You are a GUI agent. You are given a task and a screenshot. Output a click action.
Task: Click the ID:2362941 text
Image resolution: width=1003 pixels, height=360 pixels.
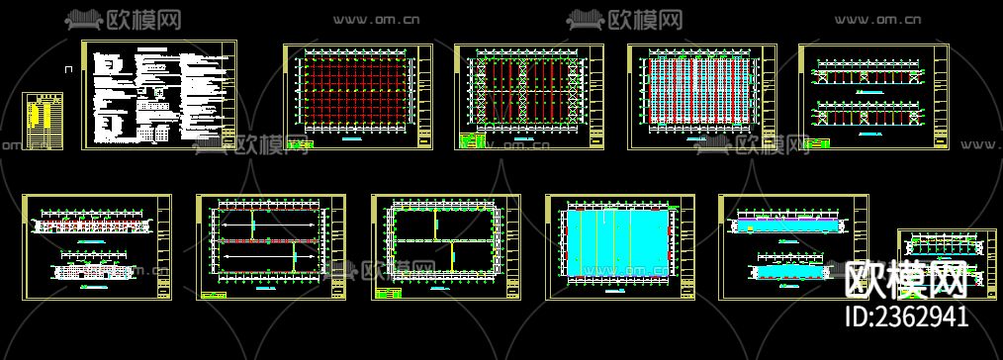point(902,316)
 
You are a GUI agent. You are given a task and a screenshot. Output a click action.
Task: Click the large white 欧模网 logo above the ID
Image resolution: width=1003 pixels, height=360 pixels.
point(905,280)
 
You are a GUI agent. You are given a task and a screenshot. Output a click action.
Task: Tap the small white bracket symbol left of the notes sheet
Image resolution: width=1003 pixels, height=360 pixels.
point(67,69)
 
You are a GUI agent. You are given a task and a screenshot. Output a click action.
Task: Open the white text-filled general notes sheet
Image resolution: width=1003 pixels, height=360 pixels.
point(158,95)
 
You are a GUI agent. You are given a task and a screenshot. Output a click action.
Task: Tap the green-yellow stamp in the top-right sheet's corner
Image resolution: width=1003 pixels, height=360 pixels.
point(817,143)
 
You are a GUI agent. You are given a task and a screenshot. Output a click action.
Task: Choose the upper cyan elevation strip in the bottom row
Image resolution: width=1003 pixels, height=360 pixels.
point(787,226)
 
